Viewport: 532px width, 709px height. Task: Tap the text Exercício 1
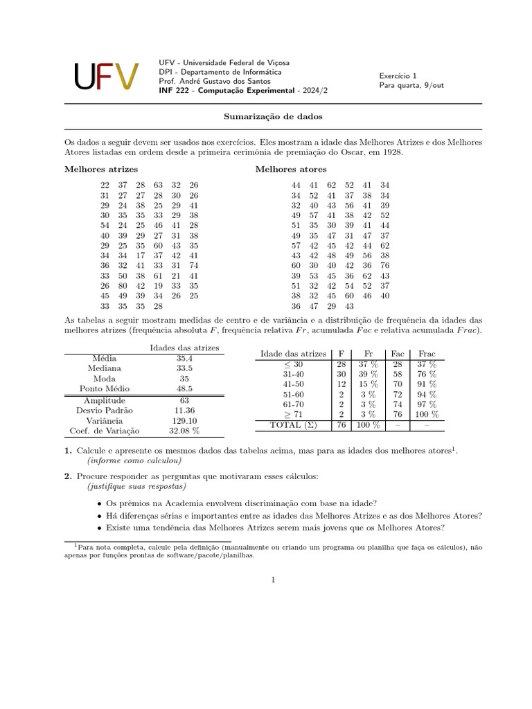(398, 75)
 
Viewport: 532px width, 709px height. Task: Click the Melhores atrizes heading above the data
(101, 169)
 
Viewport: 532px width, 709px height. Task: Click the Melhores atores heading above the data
(291, 169)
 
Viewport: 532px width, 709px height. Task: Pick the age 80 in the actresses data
(123, 285)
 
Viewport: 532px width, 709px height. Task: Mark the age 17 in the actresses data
(141, 255)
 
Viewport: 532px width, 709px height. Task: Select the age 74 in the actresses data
(193, 265)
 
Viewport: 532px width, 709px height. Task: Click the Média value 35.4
(184, 358)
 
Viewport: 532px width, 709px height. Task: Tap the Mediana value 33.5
(184, 368)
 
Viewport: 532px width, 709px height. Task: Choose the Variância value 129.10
(184, 420)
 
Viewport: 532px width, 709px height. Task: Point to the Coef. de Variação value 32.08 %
(184, 431)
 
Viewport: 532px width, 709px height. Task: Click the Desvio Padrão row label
(105, 410)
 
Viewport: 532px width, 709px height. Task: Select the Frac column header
(427, 354)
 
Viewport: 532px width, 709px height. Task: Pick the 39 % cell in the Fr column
(368, 373)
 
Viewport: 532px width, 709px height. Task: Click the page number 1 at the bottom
(273, 580)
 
